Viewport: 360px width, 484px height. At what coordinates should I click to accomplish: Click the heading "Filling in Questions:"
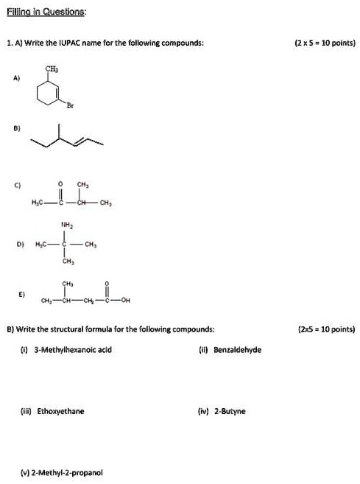click(46, 12)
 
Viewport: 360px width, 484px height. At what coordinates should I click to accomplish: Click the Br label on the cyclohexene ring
click(70, 105)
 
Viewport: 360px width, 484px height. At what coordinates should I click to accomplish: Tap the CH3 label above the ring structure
click(52, 69)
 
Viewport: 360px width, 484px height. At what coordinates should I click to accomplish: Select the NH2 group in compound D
click(67, 225)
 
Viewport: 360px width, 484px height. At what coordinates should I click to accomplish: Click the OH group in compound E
click(125, 300)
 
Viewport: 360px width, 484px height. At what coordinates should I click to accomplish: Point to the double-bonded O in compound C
click(61, 184)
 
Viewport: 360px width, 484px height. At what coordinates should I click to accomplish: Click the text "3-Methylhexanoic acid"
click(73, 350)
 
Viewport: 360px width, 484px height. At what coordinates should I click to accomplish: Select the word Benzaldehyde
click(237, 350)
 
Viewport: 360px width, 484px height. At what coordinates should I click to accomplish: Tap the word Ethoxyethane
click(60, 411)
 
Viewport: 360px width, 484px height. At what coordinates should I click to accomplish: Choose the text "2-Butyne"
click(230, 411)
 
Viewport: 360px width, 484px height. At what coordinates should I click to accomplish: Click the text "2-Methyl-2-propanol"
click(66, 472)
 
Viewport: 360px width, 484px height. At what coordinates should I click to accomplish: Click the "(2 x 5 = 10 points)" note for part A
click(325, 43)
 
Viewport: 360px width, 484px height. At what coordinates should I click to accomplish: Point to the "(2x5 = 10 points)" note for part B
click(327, 329)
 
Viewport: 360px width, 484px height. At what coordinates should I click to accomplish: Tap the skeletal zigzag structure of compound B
click(67, 136)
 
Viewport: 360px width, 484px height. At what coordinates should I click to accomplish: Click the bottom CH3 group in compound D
click(68, 262)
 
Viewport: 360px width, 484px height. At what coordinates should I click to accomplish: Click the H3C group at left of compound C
click(38, 203)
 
